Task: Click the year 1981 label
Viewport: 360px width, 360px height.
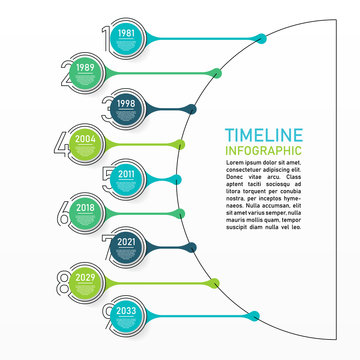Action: tap(126, 33)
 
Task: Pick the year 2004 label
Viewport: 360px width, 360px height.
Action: tap(86, 139)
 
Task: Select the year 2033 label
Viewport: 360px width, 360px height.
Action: tap(126, 310)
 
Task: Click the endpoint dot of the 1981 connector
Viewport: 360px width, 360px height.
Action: tap(261, 39)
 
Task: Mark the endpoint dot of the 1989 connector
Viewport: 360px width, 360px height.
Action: tap(217, 72)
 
